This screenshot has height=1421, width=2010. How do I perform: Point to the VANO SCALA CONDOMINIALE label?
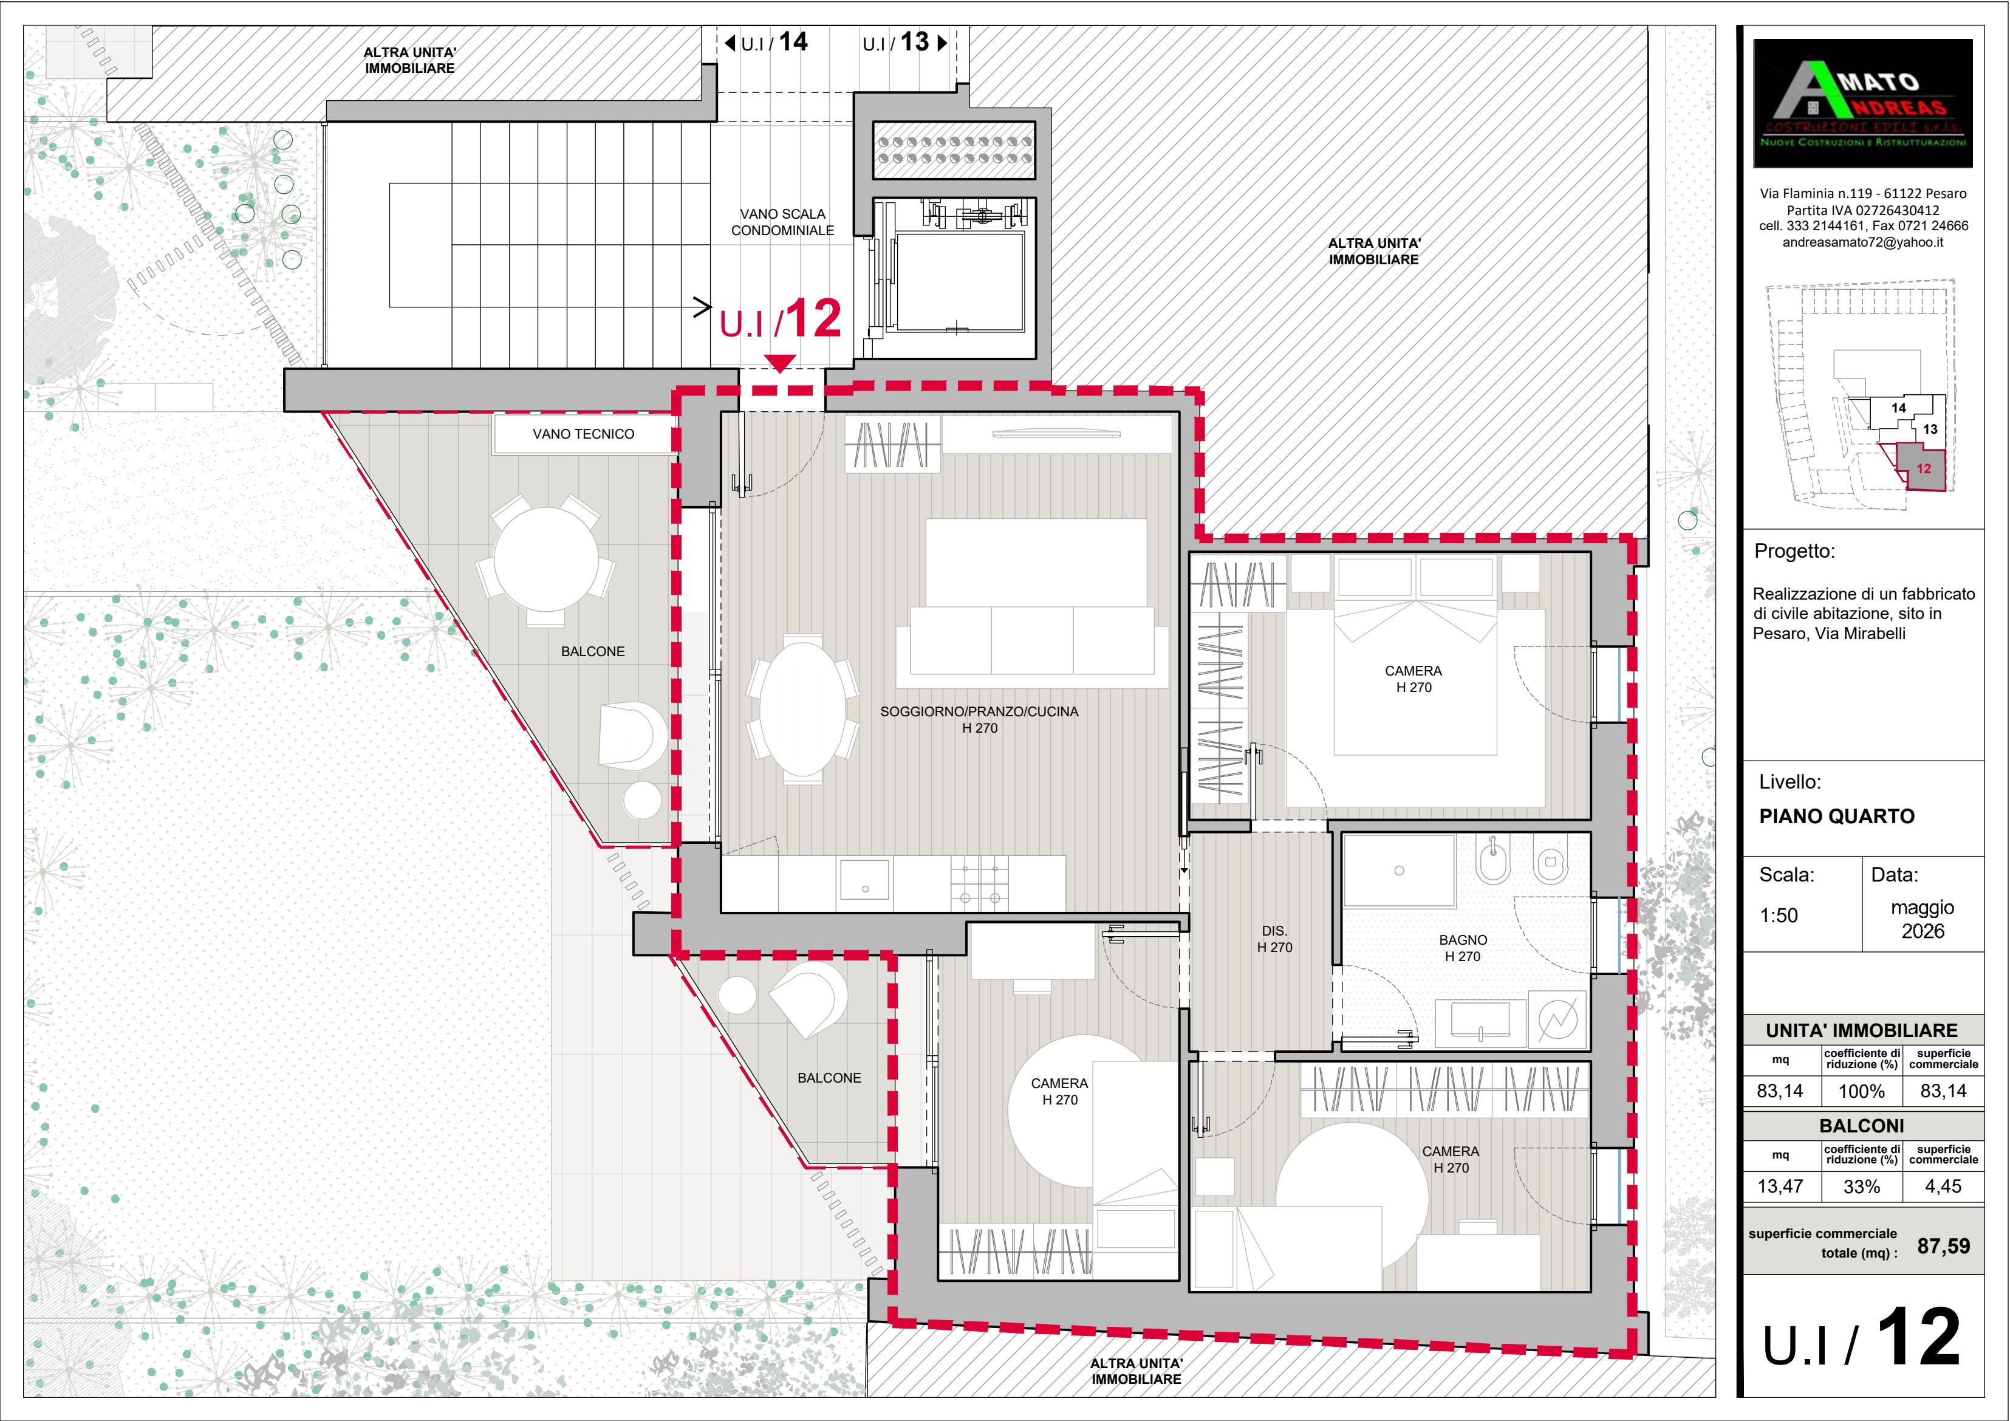[x=782, y=222]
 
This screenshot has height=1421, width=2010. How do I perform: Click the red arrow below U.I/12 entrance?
[x=779, y=363]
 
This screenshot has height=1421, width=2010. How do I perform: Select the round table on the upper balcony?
[x=545, y=560]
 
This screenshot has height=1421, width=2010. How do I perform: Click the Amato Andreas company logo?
[x=1863, y=103]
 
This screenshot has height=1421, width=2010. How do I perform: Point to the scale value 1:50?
[x=1779, y=916]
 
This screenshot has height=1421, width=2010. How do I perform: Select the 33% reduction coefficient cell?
[x=1861, y=1186]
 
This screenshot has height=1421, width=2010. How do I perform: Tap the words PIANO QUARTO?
[x=1837, y=816]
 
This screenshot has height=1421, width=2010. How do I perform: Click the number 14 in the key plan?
[x=1898, y=408]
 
